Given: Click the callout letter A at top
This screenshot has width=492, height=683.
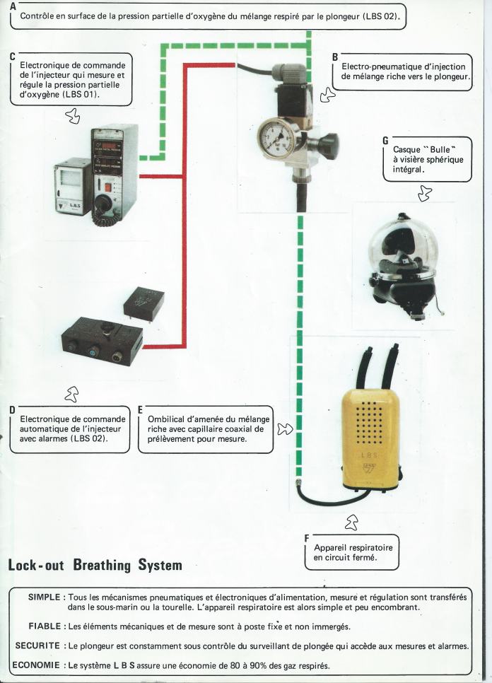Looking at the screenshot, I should (x=13, y=5).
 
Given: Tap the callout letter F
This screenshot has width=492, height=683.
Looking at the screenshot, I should (x=307, y=538).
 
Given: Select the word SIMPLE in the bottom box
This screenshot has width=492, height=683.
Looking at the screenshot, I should (x=47, y=597).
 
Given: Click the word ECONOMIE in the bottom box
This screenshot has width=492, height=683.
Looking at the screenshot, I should (x=36, y=665).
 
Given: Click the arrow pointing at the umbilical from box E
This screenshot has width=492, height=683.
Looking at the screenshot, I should (x=284, y=428).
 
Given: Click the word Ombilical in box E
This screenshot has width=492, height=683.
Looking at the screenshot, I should (x=168, y=418).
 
